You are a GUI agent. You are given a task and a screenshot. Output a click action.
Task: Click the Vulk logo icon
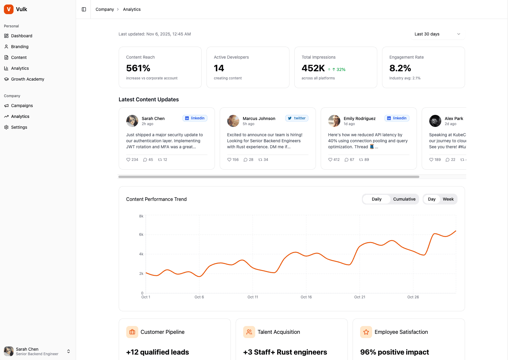tap(9, 9)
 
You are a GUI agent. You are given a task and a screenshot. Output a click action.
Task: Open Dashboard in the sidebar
tap(21, 36)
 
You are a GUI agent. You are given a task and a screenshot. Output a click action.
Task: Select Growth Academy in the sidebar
tap(27, 79)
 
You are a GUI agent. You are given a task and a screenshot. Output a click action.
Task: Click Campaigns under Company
tap(22, 106)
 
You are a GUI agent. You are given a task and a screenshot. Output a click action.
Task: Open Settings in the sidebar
tap(19, 127)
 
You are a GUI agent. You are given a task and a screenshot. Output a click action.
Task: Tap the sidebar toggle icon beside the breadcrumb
tap(84, 9)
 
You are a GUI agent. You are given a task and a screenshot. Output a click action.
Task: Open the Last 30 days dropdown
tap(437, 34)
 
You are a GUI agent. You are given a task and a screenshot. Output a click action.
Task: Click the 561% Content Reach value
tap(138, 68)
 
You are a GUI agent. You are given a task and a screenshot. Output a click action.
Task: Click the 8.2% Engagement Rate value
tap(400, 68)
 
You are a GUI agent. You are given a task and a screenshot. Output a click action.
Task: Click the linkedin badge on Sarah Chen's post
tap(195, 118)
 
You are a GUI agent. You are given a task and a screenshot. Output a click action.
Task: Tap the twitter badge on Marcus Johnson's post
tap(297, 118)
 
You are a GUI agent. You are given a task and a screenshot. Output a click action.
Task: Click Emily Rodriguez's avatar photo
tap(334, 121)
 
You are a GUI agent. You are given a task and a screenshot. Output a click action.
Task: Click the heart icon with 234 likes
tap(128, 160)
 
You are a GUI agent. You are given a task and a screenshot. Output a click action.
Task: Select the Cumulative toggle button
tap(404, 199)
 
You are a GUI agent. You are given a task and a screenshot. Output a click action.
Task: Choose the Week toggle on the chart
tap(448, 199)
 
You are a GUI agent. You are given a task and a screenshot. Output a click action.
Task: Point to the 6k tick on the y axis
tap(141, 235)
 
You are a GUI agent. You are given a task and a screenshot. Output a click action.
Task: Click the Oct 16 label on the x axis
tap(306, 297)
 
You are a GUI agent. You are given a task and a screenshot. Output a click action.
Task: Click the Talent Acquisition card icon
tap(249, 332)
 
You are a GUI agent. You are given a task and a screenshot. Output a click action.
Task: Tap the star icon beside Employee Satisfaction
tap(366, 332)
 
